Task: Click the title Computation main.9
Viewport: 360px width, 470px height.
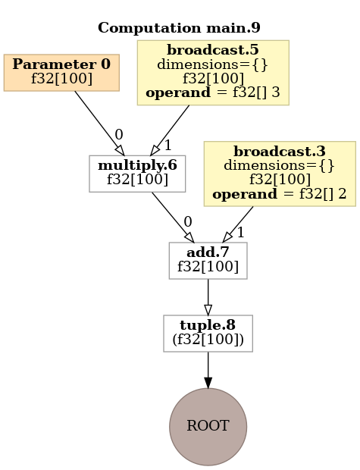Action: point(179,29)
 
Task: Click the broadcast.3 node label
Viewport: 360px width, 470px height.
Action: point(279,151)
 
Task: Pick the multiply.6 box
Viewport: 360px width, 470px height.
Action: point(137,174)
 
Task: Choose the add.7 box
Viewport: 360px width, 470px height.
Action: point(208,259)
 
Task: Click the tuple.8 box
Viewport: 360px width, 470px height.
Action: point(208,333)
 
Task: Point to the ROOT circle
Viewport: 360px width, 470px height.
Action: point(208,426)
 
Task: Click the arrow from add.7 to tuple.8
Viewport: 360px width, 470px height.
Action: point(208,296)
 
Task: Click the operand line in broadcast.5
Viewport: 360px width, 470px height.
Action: point(212,93)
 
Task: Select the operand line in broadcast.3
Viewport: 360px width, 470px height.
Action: point(279,193)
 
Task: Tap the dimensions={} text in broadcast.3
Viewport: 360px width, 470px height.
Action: point(279,164)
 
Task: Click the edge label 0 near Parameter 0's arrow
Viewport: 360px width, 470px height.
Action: point(118,135)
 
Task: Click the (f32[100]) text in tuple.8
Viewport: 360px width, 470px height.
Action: point(208,340)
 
